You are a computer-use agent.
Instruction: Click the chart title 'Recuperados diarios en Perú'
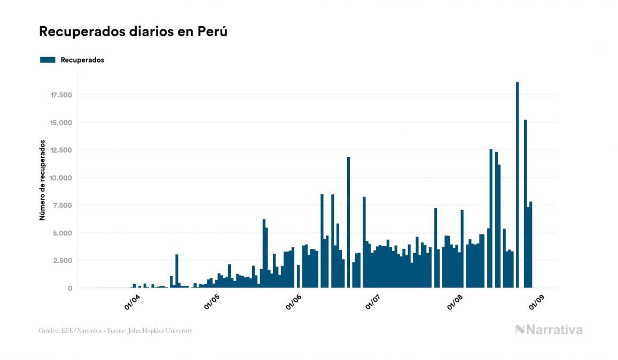pyautogui.click(x=134, y=32)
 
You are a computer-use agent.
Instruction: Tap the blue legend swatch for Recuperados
pyautogui.click(x=48, y=60)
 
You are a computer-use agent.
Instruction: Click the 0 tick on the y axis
pyautogui.click(x=69, y=288)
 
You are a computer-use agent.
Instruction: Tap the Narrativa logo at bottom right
pyautogui.click(x=549, y=330)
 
